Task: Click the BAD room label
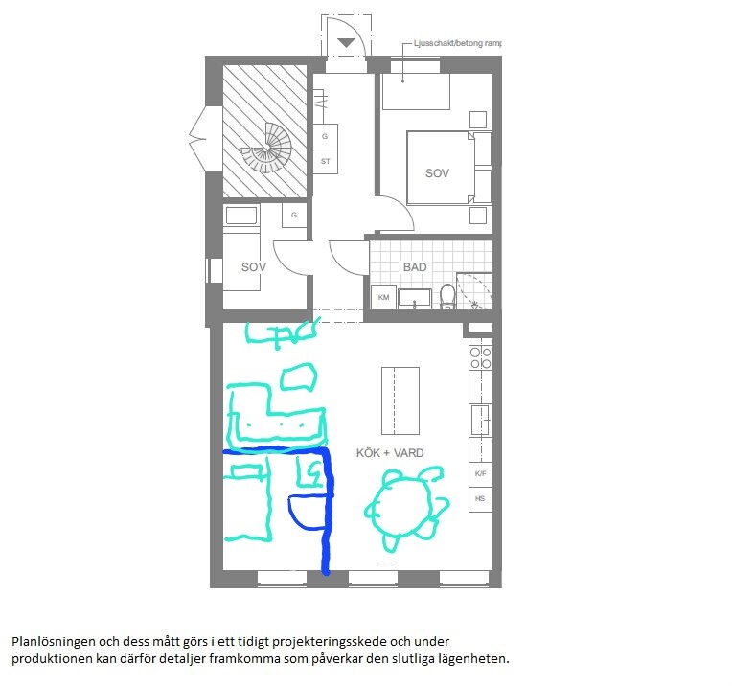tap(415, 267)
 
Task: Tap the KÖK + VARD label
tap(390, 453)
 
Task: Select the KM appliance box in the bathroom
tap(383, 297)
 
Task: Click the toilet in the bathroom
tap(447, 296)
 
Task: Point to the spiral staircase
tap(266, 149)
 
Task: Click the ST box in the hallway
tap(325, 162)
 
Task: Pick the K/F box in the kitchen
tap(480, 473)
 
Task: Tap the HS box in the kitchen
tap(480, 499)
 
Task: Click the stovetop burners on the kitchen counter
tap(480, 357)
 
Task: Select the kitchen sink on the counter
tap(480, 420)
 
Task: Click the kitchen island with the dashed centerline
tap(400, 400)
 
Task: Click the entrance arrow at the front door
tap(346, 43)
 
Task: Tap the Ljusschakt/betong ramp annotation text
tap(458, 43)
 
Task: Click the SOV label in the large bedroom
tap(437, 173)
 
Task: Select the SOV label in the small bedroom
tap(254, 267)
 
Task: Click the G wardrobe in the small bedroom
tap(294, 216)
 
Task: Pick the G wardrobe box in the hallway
tap(325, 137)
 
